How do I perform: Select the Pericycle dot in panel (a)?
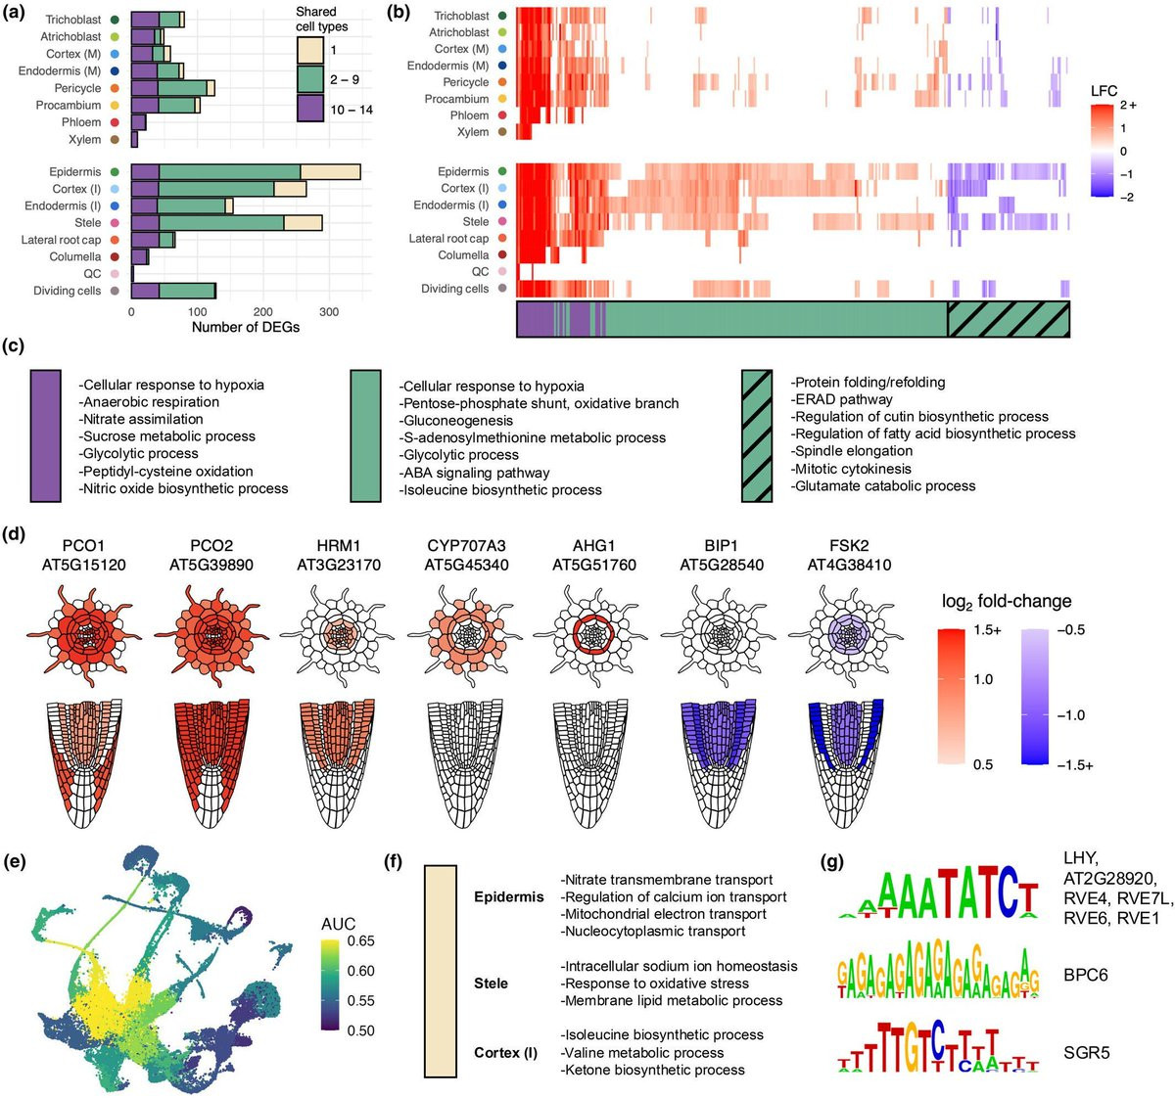[116, 88]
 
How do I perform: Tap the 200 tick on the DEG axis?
[263, 312]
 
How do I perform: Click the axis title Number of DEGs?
[246, 327]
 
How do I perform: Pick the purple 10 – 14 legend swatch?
[310, 108]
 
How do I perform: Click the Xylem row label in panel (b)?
[473, 132]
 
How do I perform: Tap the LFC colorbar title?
[1104, 91]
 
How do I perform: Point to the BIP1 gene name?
[721, 546]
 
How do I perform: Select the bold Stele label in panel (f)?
[491, 983]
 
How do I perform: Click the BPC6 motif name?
[1085, 976]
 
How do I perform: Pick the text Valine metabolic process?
[642, 1052]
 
